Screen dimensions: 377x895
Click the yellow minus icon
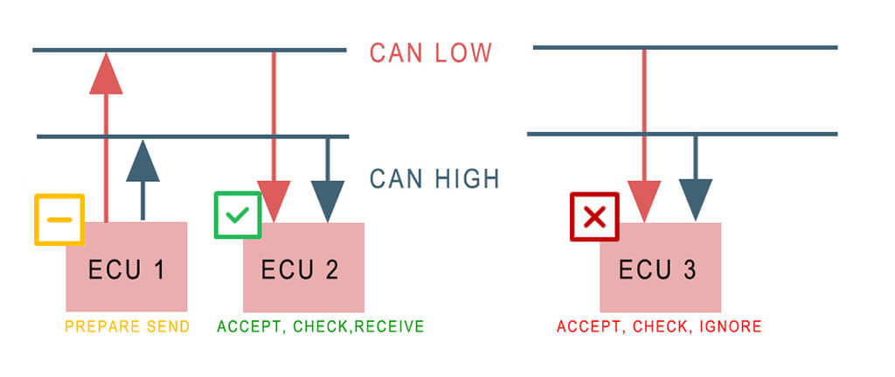coord(59,219)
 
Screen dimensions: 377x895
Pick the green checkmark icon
coord(237,214)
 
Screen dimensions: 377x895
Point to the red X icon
coord(594,216)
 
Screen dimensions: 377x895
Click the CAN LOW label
coord(431,52)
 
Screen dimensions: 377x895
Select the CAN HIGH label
coord(434,178)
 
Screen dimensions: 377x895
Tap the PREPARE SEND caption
coord(127,327)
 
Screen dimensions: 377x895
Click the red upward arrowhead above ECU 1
coord(106,73)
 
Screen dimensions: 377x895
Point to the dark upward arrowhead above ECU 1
coord(142,161)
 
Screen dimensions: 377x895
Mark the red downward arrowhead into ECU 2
coord(275,201)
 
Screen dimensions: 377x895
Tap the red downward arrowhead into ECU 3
coord(644,200)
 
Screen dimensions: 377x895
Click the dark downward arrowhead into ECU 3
coord(696,200)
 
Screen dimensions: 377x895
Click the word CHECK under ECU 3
coord(662,327)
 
